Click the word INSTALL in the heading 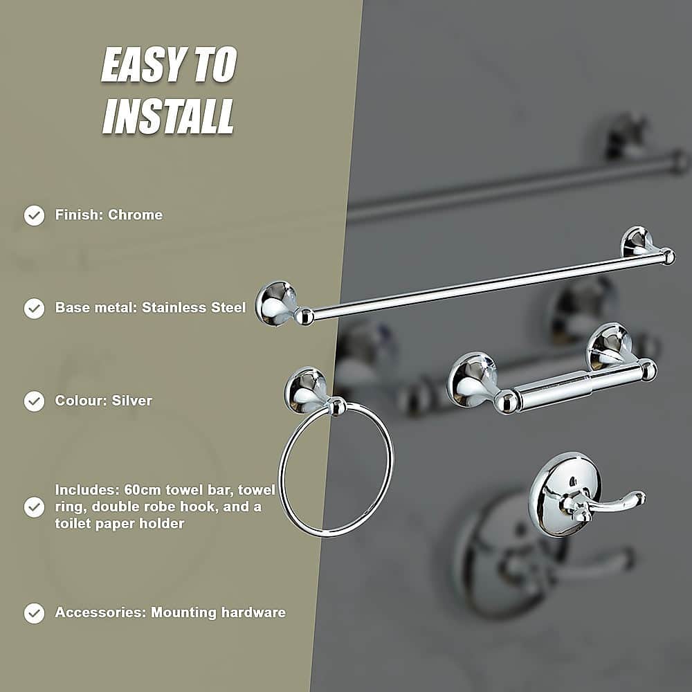168,116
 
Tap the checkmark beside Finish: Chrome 34,215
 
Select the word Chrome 136,215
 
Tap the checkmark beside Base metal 34,308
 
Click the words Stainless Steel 194,307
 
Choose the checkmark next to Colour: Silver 34,401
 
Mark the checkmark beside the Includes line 34,507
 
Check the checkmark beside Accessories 34,612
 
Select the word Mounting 183,612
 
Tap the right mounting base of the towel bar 638,242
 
